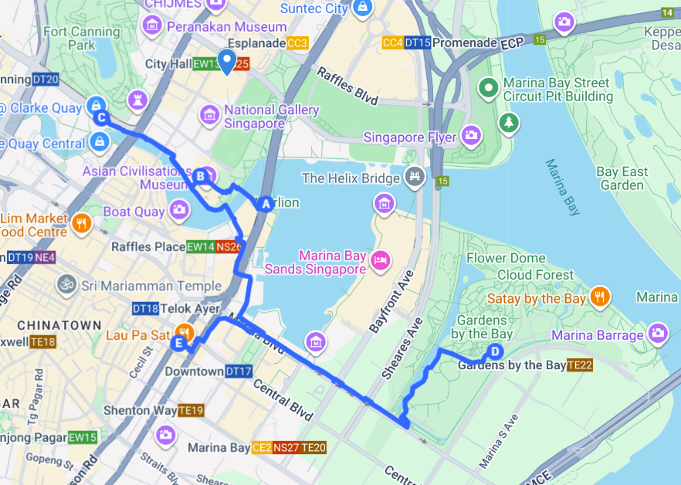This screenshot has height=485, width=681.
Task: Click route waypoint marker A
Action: (x=266, y=204)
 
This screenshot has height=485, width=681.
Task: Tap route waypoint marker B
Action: (x=201, y=177)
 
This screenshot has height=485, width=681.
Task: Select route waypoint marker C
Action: (x=101, y=117)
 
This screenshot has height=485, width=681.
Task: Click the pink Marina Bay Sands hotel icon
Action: (x=379, y=259)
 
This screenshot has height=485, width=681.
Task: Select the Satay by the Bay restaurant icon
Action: (x=599, y=297)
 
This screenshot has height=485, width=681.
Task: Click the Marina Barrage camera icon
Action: (x=658, y=334)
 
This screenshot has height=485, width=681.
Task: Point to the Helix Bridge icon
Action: (x=415, y=178)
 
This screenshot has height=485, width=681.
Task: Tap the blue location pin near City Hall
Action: (x=226, y=61)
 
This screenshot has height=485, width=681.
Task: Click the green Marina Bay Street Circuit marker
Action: (x=488, y=89)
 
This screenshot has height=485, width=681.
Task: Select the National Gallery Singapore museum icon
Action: (x=208, y=116)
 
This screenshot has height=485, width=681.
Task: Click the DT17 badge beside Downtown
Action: (x=239, y=371)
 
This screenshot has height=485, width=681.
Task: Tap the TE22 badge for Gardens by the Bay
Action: (x=579, y=365)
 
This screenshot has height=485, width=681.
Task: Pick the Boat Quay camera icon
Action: (x=179, y=209)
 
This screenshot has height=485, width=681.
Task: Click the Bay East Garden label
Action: (x=622, y=178)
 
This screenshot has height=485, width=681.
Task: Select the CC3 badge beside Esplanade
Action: (x=297, y=43)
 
